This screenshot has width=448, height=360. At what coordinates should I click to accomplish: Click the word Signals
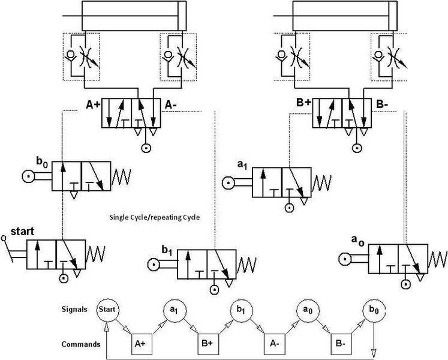tap(74, 310)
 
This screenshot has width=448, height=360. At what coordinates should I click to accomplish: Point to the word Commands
tap(81, 344)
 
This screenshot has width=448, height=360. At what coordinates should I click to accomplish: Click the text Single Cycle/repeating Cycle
tap(155, 217)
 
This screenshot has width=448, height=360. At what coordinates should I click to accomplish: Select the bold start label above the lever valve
tap(22, 232)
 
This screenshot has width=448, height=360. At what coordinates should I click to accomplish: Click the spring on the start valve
tap(96, 254)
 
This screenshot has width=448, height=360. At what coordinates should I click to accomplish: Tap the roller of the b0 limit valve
tap(29, 177)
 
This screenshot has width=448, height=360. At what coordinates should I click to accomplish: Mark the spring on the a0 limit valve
tap(438, 259)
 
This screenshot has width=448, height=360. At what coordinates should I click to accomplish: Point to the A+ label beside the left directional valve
tap(93, 105)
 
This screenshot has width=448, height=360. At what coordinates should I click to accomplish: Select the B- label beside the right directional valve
tap(382, 104)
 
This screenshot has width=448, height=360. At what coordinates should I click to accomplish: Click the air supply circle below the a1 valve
tap(290, 208)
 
